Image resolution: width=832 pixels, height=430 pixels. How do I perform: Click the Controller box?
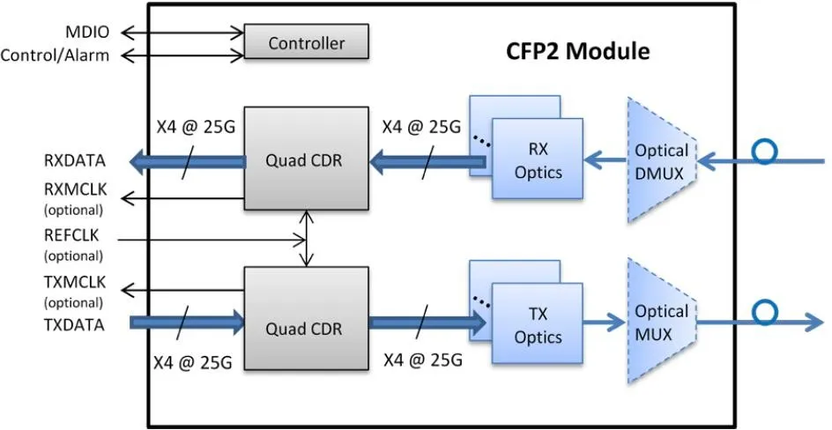(306, 42)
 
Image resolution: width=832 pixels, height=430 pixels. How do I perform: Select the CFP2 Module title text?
(577, 51)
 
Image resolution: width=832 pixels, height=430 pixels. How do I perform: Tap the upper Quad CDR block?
(306, 160)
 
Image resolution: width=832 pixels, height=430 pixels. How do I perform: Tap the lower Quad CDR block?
(306, 328)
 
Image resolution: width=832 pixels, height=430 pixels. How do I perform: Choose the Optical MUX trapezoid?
(661, 322)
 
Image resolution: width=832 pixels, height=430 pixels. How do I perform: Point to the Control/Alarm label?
(55, 56)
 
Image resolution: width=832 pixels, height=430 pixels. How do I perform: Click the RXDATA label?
(76, 160)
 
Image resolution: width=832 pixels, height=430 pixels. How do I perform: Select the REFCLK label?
(73, 236)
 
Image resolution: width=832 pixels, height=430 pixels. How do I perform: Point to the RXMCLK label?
(73, 189)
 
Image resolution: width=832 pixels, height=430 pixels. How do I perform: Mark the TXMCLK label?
(73, 284)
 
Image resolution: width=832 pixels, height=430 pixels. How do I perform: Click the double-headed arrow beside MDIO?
(182, 33)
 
